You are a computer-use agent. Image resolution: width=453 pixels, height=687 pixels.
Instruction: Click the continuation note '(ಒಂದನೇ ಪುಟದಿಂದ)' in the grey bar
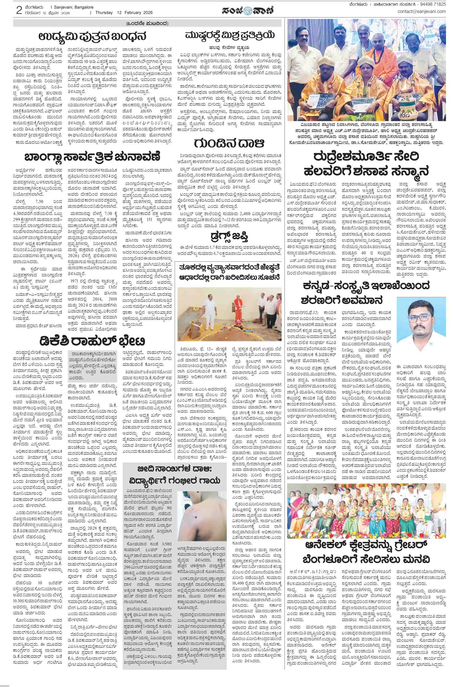coord(147,23)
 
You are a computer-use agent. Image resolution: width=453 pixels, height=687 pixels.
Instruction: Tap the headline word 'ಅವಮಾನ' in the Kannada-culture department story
coord(369,299)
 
